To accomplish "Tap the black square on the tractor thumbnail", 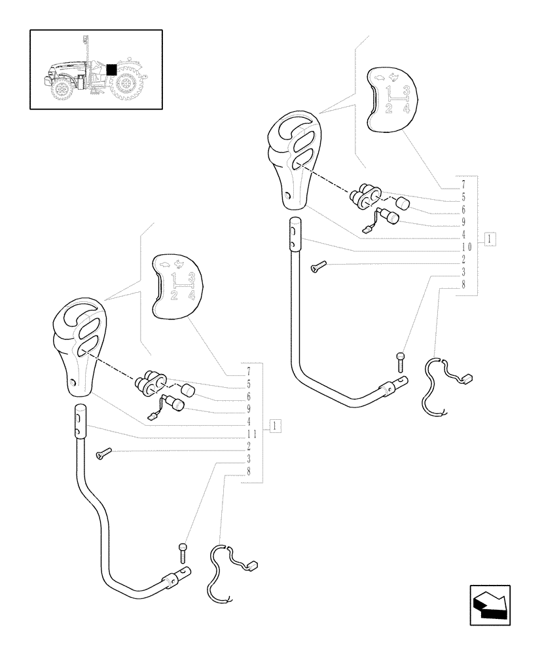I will (x=111, y=69).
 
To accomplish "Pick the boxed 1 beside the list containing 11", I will (x=276, y=426).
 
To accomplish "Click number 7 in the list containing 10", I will (x=463, y=184).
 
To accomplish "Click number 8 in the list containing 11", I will (x=249, y=472).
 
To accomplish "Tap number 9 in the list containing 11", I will (x=249, y=409).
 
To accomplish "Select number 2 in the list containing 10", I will (x=463, y=259).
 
